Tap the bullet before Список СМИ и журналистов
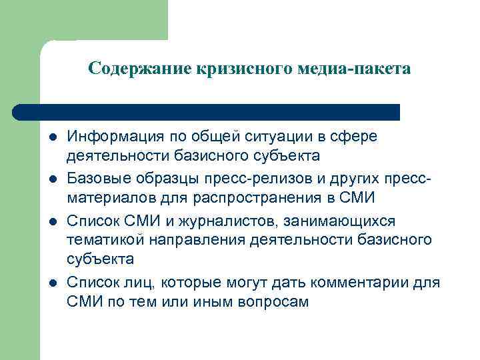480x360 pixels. [x=52, y=221]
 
